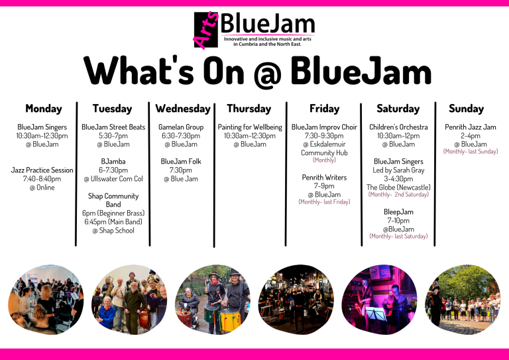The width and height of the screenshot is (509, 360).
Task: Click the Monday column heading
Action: (x=43, y=109)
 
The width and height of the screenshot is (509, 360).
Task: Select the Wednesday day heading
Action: (x=182, y=109)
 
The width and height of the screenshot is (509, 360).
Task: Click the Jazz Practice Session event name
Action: (x=42, y=170)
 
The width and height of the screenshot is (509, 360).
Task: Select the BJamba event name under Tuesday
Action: (x=113, y=161)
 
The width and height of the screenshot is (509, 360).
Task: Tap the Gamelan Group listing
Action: (x=181, y=127)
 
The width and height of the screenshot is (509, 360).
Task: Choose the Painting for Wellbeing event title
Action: (x=250, y=127)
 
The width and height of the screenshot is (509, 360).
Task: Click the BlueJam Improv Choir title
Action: (x=324, y=127)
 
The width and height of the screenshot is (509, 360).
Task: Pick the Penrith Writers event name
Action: (x=324, y=178)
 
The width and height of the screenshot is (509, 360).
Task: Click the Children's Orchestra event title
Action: (x=398, y=127)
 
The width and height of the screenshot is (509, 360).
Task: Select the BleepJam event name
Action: (x=398, y=212)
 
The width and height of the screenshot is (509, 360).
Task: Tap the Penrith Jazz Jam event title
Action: (x=470, y=127)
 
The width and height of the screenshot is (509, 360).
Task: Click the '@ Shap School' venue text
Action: (x=113, y=231)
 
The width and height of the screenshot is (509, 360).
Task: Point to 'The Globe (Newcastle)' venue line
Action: (x=398, y=187)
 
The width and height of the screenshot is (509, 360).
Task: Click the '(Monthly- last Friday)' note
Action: (x=324, y=202)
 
